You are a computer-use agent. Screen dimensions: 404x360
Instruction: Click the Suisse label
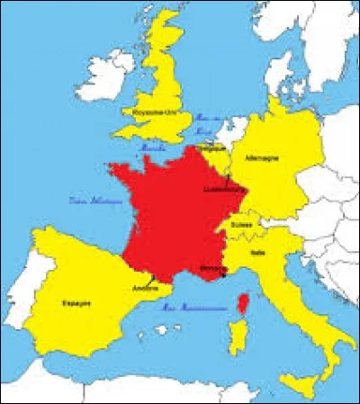[242, 223]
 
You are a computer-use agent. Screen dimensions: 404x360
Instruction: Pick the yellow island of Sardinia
[242, 346]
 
